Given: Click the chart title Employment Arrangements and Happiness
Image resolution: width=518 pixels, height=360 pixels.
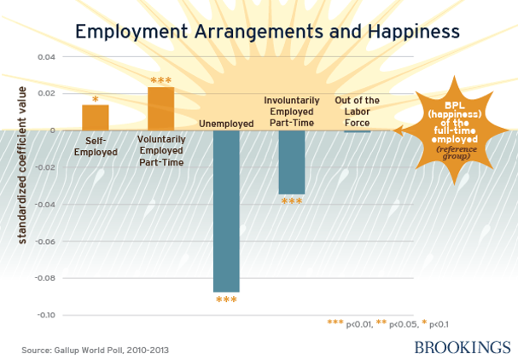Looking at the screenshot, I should click(x=267, y=32).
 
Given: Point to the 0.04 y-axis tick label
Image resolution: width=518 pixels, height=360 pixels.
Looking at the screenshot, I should click(x=44, y=57).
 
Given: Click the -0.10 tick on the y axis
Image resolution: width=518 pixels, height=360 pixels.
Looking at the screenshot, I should click(x=43, y=315).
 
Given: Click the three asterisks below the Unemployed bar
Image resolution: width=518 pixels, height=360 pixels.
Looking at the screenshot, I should click(x=226, y=300).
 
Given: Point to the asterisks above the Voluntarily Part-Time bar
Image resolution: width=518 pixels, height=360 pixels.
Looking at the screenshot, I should click(x=160, y=82).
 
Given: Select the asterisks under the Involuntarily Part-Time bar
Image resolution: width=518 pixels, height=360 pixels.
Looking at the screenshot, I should click(x=292, y=202).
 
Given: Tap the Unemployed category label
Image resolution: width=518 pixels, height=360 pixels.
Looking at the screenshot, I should click(x=226, y=124).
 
